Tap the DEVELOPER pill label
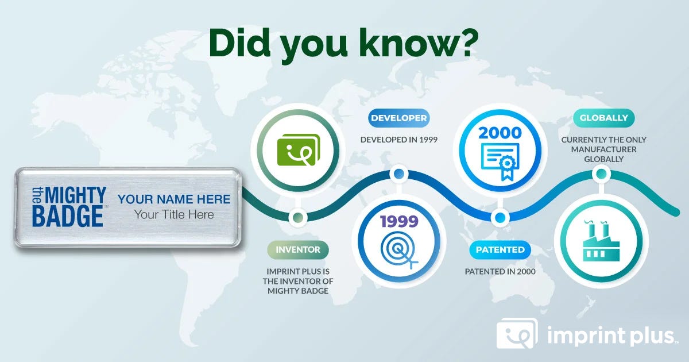click(x=398, y=118)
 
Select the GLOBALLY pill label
click(x=603, y=118)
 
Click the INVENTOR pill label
click(x=298, y=249)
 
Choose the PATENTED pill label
click(x=500, y=249)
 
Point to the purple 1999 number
click(x=399, y=221)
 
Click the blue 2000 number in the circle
click(x=500, y=133)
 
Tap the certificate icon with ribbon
click(x=500, y=161)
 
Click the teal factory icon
click(x=601, y=241)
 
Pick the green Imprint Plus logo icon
click(x=299, y=150)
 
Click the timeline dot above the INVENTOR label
click(x=298, y=218)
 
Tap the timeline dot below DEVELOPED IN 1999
click(x=398, y=174)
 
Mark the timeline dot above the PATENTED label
click(x=500, y=218)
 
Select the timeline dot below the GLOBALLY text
click(x=601, y=174)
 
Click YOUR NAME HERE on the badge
click(x=174, y=199)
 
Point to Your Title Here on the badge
click(x=174, y=214)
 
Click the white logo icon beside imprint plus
click(x=517, y=333)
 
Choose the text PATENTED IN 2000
click(x=500, y=271)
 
